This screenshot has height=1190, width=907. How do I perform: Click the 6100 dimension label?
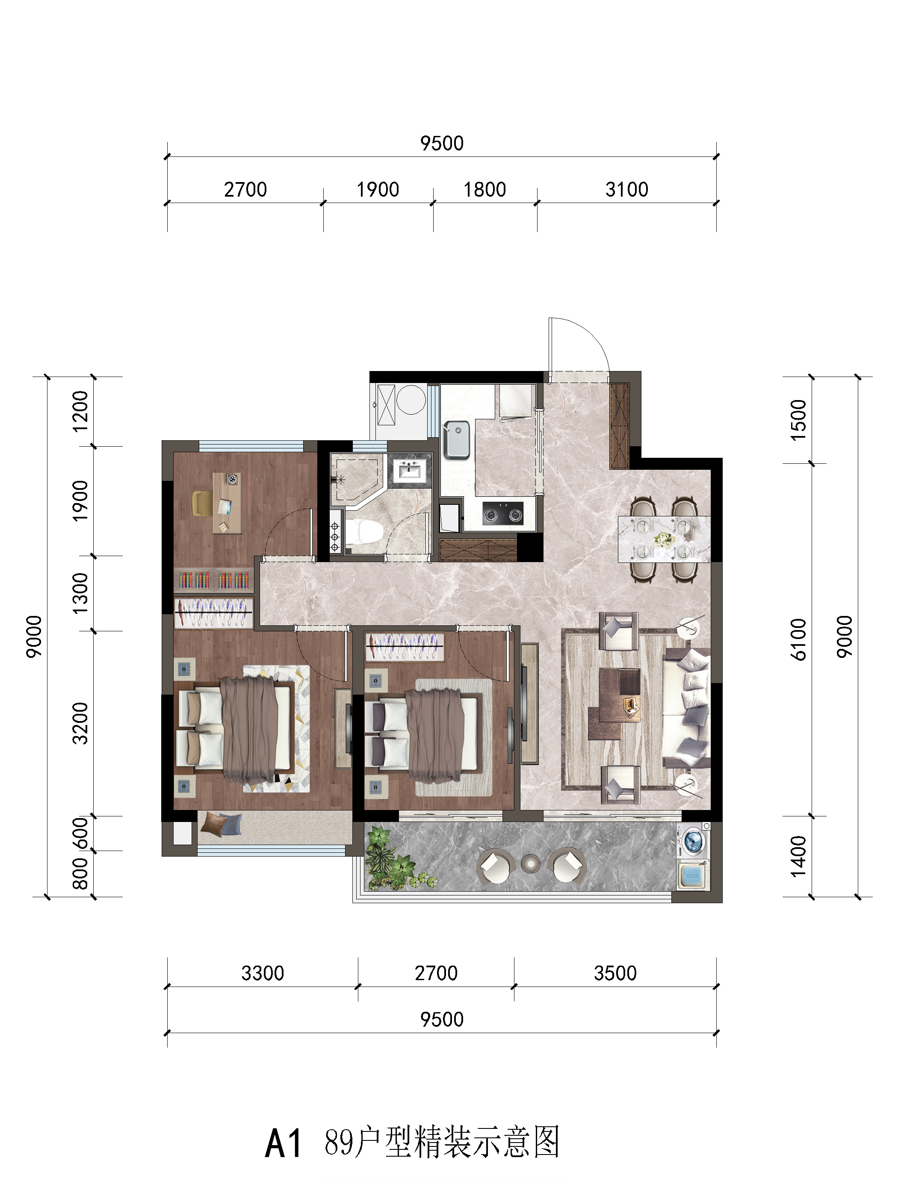point(798,639)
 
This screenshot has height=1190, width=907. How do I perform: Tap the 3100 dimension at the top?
point(626,189)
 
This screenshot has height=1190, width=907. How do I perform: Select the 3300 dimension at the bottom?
point(263,973)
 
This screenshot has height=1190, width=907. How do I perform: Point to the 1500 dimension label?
point(798,420)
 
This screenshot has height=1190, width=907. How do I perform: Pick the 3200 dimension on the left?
point(80,723)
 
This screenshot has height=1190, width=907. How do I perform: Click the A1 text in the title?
point(283,1143)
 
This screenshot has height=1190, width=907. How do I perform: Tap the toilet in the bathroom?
point(363,532)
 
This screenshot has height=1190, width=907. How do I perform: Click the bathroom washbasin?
point(409,471)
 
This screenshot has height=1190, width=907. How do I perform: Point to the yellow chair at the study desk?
point(202,503)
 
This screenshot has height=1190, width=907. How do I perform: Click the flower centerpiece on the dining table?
point(664,539)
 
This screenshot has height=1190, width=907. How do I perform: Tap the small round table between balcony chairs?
point(531,863)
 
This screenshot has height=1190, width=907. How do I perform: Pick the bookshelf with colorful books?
point(214,580)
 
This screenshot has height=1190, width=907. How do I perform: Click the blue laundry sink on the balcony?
point(693,875)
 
